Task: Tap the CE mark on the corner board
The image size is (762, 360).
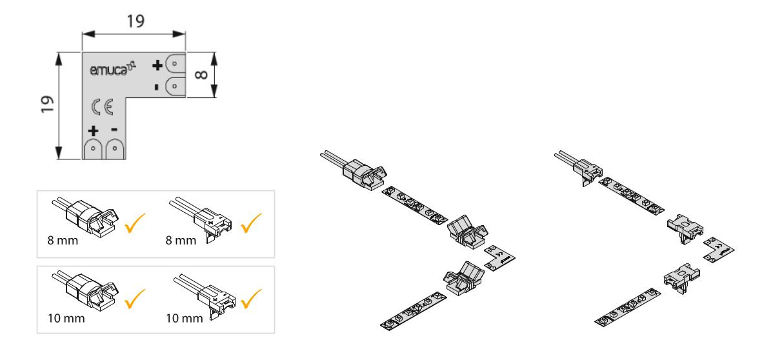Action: point(103,106)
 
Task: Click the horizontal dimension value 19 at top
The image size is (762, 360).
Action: point(136,21)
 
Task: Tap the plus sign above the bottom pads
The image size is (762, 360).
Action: point(93,131)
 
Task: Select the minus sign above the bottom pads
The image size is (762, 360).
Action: point(114,130)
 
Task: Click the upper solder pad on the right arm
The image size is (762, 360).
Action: point(175,64)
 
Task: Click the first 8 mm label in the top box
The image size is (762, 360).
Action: point(63,240)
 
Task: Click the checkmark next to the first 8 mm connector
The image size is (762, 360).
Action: point(135,223)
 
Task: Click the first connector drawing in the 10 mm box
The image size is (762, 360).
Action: point(86,291)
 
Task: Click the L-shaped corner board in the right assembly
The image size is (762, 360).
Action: point(719,248)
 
